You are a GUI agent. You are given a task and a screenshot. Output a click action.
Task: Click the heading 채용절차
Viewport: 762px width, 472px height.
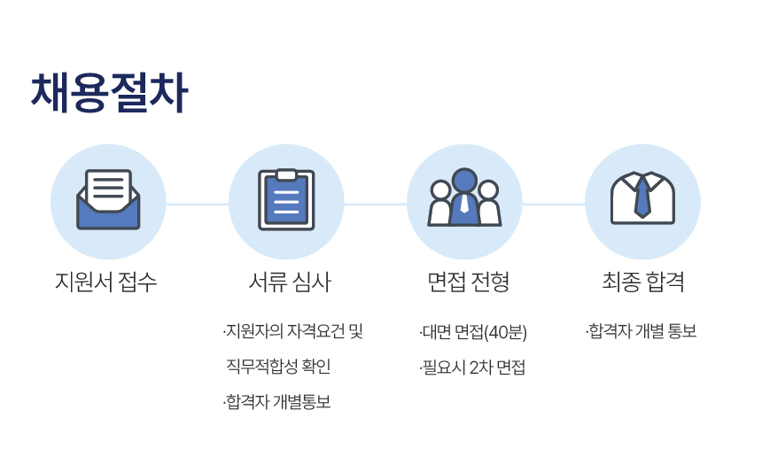tap(109, 92)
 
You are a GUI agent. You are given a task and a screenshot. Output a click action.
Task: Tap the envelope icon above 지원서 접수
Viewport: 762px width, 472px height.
tap(108, 199)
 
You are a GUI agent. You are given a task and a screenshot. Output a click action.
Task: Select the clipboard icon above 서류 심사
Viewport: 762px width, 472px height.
tap(286, 199)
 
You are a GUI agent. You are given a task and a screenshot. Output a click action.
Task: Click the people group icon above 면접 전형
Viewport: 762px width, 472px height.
tap(464, 197)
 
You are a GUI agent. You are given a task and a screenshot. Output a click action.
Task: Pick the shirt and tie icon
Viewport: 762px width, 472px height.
tap(642, 197)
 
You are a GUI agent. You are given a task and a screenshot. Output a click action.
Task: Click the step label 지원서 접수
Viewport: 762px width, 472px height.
tap(106, 282)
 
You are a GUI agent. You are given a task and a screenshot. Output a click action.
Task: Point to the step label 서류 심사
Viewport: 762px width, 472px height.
tap(290, 282)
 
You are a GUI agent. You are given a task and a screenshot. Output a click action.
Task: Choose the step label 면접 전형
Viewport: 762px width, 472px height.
tap(469, 282)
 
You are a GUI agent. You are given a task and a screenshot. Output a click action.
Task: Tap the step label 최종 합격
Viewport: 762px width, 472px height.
tap(643, 282)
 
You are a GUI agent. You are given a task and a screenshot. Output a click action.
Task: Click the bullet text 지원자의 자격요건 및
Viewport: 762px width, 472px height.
tap(293, 332)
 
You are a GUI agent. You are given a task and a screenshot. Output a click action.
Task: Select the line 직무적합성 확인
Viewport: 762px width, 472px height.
tap(278, 366)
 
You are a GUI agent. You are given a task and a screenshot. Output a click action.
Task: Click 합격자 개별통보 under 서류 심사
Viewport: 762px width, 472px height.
tap(277, 402)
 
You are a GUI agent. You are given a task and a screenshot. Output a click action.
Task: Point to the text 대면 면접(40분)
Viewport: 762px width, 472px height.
tap(473, 332)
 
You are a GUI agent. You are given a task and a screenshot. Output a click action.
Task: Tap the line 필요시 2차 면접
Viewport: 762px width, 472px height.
tap(472, 368)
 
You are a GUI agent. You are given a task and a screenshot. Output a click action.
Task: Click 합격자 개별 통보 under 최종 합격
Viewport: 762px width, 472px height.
tap(641, 332)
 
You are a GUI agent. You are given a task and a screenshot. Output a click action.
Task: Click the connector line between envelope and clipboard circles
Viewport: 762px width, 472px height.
tap(198, 205)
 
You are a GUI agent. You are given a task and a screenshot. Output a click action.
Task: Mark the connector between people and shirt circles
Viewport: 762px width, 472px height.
tap(554, 205)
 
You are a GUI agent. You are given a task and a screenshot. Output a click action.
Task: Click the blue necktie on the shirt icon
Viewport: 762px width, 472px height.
tap(642, 197)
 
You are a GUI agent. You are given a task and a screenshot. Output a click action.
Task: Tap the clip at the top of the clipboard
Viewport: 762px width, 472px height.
tap(286, 174)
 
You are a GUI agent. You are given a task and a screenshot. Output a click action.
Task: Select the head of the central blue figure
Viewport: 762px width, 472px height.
tap(464, 180)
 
